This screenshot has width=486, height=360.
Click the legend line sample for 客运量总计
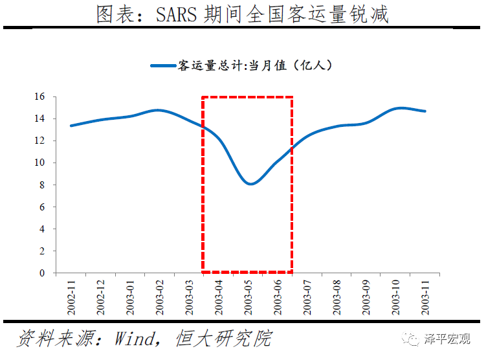[163, 65]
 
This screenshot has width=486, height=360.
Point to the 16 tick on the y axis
[40, 96]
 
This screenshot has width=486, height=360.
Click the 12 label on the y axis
[40, 141]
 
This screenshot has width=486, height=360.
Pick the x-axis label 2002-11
[71, 297]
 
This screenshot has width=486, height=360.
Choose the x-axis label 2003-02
[159, 297]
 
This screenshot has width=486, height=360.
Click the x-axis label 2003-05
[248, 297]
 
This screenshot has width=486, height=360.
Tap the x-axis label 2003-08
[337, 297]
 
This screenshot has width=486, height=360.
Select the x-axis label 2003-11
[425, 297]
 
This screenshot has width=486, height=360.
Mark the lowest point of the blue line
[250, 184]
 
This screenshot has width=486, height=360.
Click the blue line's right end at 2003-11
[425, 111]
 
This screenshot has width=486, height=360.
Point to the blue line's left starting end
[71, 126]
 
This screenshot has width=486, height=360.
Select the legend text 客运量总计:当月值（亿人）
[255, 65]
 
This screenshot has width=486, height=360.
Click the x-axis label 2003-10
[395, 297]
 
